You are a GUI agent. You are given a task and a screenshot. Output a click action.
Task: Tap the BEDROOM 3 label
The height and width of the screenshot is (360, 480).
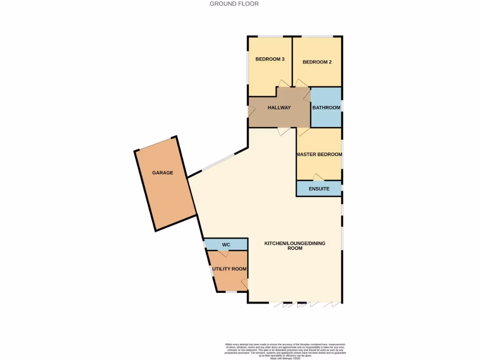tap(270, 59)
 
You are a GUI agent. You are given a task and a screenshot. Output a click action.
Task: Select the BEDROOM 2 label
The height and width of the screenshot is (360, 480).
tap(317, 62)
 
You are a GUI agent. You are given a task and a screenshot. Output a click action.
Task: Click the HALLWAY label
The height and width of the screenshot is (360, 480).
tap(279, 107)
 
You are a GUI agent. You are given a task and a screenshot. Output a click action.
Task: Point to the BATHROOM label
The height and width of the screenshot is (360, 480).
tap(326, 107)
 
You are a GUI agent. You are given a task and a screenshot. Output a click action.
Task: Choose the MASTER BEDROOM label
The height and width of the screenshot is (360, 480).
tap(319, 154)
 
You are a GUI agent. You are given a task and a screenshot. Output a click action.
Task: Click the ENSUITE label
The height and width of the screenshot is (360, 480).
tap(319, 189)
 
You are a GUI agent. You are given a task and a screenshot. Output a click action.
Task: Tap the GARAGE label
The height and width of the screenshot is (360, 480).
tap(163, 172)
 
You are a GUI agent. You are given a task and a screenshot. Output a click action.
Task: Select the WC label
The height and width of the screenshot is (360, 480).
tap(226, 245)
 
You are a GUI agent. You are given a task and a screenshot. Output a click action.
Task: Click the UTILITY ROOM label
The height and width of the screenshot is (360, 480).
tap(229, 269)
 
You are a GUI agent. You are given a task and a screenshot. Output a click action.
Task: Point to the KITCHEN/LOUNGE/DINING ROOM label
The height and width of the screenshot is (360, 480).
tap(295, 246)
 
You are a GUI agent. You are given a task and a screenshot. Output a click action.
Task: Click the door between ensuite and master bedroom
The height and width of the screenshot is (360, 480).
tap(319, 177)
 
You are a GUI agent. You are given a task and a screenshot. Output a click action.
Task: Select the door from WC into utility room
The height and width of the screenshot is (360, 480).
tap(224, 253)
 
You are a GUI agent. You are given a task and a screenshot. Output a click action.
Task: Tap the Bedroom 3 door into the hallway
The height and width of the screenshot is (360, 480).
tap(284, 83)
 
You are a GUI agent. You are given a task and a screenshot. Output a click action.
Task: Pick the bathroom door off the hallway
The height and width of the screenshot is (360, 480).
tap(307, 97)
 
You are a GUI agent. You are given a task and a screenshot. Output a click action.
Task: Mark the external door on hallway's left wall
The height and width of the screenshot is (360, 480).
tap(251, 112)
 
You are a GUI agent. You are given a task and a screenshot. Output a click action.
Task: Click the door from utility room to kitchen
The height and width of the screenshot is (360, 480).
tap(244, 284)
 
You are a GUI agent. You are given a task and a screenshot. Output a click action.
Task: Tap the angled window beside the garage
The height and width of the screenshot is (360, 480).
tap(217, 163)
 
